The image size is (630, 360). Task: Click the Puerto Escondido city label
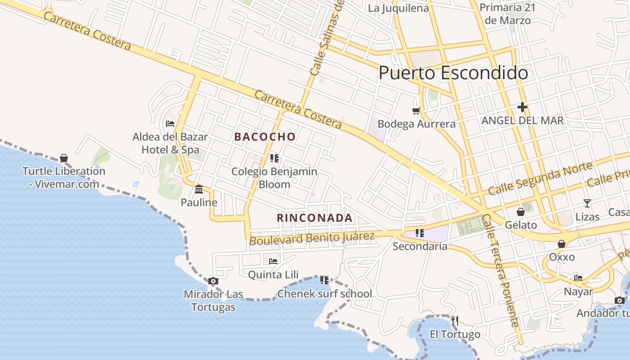[453, 73]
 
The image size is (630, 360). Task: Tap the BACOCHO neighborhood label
[265, 137]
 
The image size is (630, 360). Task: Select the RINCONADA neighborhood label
[315, 218]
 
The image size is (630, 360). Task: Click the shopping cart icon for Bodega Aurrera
[416, 110]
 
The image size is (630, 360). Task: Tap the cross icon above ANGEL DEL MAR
[522, 107]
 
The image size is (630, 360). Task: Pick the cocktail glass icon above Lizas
[587, 203]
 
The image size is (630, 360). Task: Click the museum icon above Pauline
[199, 189]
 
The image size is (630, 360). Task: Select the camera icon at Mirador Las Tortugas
[213, 281]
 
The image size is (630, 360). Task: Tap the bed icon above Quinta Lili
[273, 261]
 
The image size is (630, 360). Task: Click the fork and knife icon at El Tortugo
[455, 320]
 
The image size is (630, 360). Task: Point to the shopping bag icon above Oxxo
[562, 244]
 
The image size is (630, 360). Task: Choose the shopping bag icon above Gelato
[521, 211]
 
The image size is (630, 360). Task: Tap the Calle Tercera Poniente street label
[500, 270]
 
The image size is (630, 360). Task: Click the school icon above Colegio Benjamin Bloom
[274, 158]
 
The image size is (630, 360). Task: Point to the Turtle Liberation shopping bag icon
[64, 158]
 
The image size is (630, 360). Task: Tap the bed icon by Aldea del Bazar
[170, 123]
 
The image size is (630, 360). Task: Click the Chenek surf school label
[325, 294]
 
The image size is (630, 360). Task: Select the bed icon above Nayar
[578, 278]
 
